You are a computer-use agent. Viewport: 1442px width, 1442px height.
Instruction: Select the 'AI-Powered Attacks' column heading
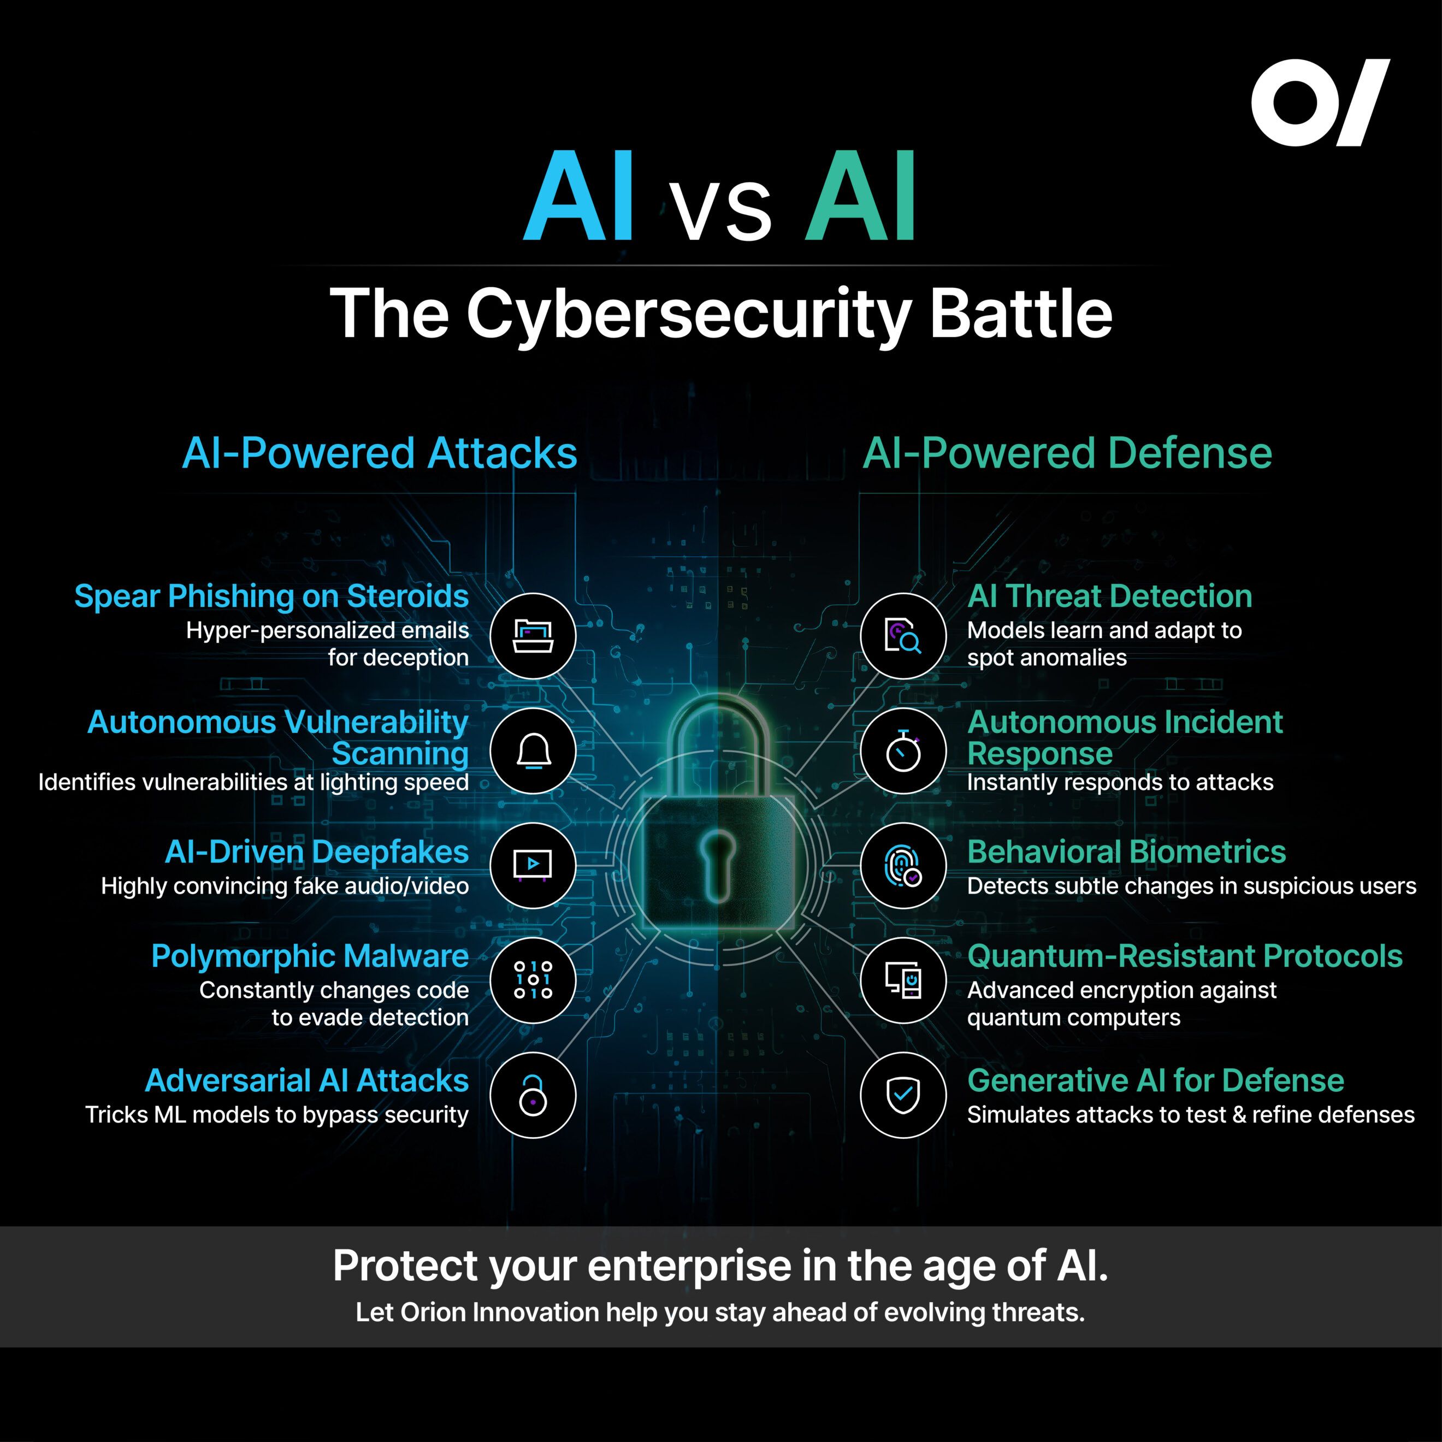click(379, 453)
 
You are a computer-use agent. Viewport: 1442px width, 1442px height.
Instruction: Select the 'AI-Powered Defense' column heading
click(1067, 453)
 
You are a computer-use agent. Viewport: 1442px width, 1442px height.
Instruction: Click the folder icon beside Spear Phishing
click(533, 636)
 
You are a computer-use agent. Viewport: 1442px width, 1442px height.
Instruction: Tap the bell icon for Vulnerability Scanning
click(533, 751)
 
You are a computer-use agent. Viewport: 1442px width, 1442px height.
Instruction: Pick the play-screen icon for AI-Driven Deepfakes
click(533, 865)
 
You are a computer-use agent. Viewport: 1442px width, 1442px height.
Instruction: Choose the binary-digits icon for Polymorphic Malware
click(533, 980)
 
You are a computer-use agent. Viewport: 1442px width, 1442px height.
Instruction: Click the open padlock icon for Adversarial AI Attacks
click(533, 1095)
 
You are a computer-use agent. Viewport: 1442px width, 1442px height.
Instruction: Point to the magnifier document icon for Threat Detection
click(903, 636)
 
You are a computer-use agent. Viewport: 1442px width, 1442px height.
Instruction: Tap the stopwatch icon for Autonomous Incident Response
click(903, 751)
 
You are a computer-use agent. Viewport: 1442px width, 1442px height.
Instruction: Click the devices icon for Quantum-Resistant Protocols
click(903, 980)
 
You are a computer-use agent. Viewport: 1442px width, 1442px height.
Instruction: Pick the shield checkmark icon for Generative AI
click(903, 1095)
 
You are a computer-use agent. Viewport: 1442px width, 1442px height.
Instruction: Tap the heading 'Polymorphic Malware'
click(310, 956)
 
